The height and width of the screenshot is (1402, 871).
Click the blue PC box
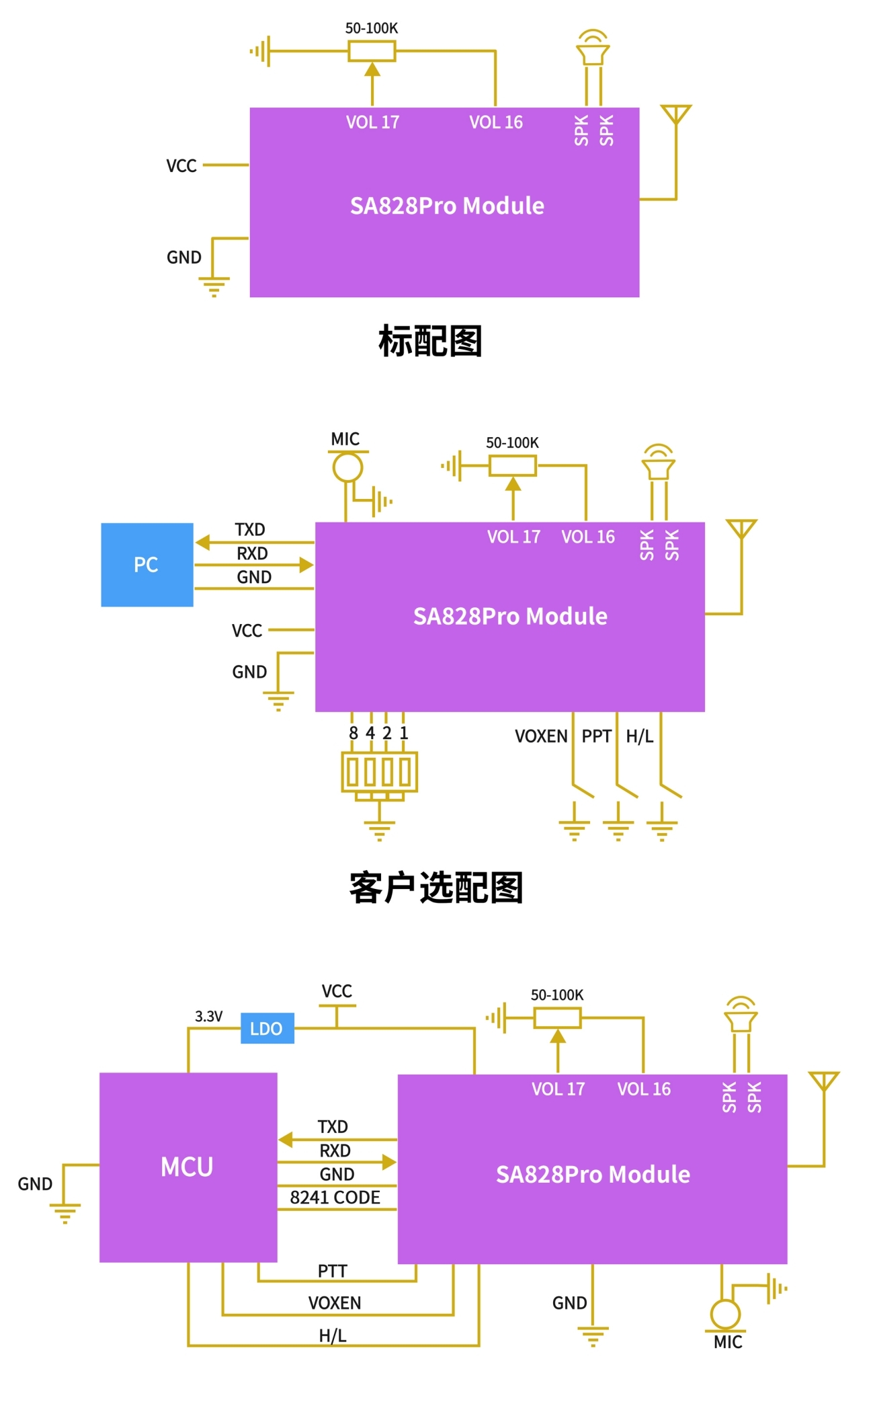pos(147,565)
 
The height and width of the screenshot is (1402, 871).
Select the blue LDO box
pos(267,1028)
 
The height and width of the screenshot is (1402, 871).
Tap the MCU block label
pos(187,1167)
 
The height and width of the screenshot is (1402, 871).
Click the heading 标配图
pos(430,341)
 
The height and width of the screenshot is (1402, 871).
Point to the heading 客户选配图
pos(435,888)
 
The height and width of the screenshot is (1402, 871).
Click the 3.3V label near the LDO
pos(208,1016)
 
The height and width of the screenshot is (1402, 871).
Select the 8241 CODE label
pos(335,1198)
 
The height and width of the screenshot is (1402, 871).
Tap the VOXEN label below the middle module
pos(541,736)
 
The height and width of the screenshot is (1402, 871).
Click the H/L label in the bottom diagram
pos(333,1335)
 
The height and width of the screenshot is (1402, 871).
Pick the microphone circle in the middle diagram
pos(347,467)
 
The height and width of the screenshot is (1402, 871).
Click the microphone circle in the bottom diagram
pos(725,1314)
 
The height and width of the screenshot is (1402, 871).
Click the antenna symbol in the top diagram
pos(675,114)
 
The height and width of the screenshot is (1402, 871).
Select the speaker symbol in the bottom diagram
pos(741,1015)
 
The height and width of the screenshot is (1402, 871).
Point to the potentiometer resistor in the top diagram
pos(372,51)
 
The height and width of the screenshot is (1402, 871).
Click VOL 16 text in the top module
pos(496,122)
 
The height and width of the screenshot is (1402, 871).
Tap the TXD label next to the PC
pos(250,530)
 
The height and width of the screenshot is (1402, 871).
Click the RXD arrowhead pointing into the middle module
pos(306,565)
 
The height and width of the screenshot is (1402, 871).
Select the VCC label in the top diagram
pos(181,166)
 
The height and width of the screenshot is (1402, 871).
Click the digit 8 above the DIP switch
pos(354,733)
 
